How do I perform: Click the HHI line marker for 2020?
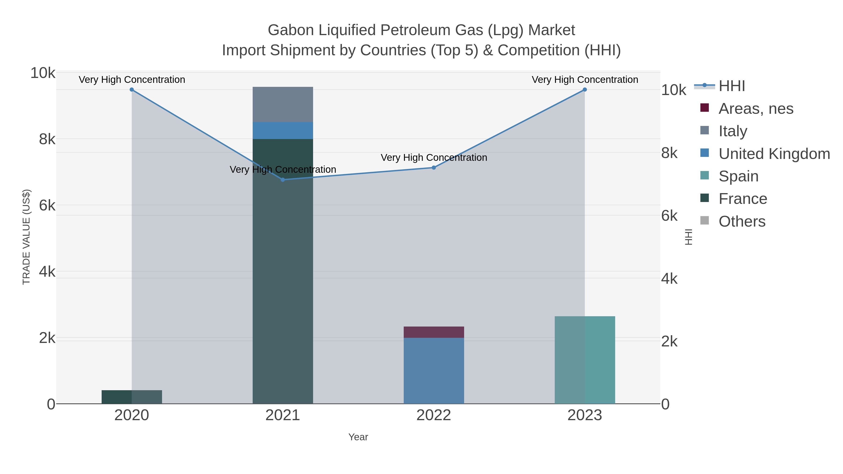[x=132, y=90]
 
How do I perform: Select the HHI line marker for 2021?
[x=283, y=180]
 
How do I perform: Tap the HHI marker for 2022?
[x=434, y=168]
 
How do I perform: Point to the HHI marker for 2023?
[x=584, y=90]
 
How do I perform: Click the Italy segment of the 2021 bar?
[x=283, y=104]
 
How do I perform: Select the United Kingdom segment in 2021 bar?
[x=283, y=131]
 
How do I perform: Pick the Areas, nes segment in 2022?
[x=434, y=332]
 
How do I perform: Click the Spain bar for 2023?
[x=584, y=360]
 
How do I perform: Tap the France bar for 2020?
[x=132, y=397]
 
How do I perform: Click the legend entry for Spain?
[x=738, y=176]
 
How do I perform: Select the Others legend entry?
[x=742, y=221]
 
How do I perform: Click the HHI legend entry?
[x=732, y=86]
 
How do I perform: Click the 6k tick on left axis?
[x=47, y=206]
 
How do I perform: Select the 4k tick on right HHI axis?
[x=669, y=279]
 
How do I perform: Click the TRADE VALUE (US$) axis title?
[x=26, y=237]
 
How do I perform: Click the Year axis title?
[x=358, y=437]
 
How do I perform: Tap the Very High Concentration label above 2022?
[x=434, y=158]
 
